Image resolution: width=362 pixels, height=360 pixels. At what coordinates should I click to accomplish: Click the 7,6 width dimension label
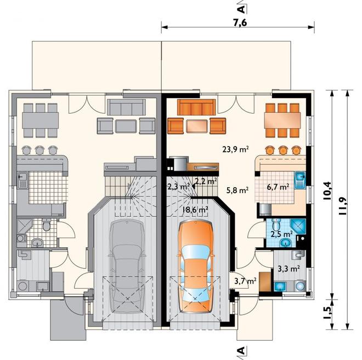pyautogui.click(x=240, y=23)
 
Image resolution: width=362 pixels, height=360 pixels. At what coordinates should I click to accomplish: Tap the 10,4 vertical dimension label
pyautogui.click(x=327, y=190)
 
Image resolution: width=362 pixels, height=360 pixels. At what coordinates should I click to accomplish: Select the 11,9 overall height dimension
pyautogui.click(x=343, y=206)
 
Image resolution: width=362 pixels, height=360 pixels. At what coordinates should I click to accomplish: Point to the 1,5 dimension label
pyautogui.click(x=327, y=314)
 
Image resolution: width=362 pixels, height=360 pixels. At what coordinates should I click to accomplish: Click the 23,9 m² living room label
pyautogui.click(x=235, y=149)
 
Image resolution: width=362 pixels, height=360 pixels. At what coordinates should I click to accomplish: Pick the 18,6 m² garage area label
pyautogui.click(x=195, y=210)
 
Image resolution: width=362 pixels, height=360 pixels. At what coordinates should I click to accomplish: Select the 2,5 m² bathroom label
pyautogui.click(x=282, y=234)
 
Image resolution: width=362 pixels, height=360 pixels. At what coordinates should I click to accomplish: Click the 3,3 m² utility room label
pyautogui.click(x=289, y=268)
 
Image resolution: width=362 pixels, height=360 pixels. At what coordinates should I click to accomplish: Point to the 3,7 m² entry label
pyautogui.click(x=245, y=281)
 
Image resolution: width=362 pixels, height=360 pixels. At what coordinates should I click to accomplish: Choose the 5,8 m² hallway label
pyautogui.click(x=237, y=190)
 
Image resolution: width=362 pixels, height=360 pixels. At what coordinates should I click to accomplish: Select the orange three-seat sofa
pyautogui.click(x=196, y=107)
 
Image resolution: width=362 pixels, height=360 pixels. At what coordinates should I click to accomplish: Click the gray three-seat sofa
pyautogui.click(x=126, y=107)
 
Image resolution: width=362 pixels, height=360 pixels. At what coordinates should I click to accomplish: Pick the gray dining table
pyautogui.click(x=41, y=120)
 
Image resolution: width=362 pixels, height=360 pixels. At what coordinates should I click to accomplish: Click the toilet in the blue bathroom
pyautogui.click(x=276, y=224)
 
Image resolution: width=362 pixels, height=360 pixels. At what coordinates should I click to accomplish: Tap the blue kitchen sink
pyautogui.click(x=300, y=180)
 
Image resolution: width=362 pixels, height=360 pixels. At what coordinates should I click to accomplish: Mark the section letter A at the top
pyautogui.click(x=241, y=9)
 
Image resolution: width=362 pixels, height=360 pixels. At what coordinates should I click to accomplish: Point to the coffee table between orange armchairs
pyautogui.click(x=197, y=126)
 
